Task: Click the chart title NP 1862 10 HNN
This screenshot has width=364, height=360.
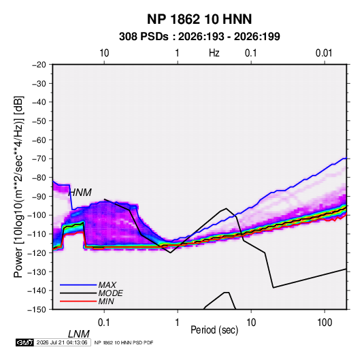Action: coord(199,19)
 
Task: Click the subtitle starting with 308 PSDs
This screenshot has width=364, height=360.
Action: coord(199,37)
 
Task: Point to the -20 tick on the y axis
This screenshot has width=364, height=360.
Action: coord(39,65)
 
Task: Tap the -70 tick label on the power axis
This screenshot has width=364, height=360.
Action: coord(39,159)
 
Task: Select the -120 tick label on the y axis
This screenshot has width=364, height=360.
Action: coord(37,253)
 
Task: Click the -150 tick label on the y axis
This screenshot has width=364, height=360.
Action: coord(37,310)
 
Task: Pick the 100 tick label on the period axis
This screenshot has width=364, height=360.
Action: coord(325,323)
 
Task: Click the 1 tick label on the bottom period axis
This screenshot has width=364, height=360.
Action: coord(178,323)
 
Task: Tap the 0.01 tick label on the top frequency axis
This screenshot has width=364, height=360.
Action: coord(324,53)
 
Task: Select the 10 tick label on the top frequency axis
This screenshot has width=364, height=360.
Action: coord(104,53)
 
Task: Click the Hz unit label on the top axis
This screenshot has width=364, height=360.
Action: coord(214,53)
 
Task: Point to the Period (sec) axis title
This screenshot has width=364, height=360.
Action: coord(214,330)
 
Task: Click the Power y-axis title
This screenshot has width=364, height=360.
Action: coord(18,187)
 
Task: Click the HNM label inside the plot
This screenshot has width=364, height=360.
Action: coord(80,193)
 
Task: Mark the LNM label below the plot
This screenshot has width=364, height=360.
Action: coord(79,334)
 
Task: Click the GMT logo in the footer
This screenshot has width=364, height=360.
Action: coord(24,342)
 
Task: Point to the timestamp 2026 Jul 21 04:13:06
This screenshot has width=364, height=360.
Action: coord(62,342)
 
